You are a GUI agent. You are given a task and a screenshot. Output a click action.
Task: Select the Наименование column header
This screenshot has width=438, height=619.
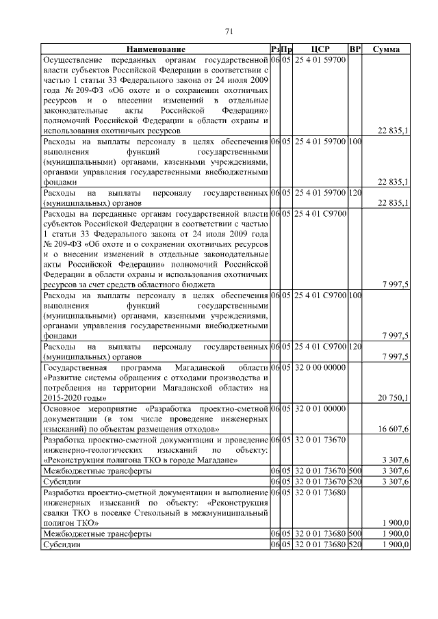[x=155, y=49]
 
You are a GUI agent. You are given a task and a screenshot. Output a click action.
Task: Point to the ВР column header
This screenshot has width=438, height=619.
[x=355, y=49]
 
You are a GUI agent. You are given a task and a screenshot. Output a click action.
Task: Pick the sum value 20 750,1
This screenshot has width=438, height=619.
[x=394, y=397]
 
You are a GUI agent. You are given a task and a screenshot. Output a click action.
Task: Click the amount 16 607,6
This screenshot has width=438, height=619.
[x=394, y=428]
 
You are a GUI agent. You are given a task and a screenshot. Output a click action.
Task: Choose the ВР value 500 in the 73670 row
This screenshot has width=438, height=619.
[x=355, y=471]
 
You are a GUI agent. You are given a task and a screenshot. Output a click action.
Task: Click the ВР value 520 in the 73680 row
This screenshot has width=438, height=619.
[x=355, y=544]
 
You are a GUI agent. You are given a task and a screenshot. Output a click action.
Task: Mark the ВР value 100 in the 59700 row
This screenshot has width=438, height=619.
[x=355, y=141]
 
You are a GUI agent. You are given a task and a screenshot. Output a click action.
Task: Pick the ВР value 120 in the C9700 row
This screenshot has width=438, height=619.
[x=355, y=347]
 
